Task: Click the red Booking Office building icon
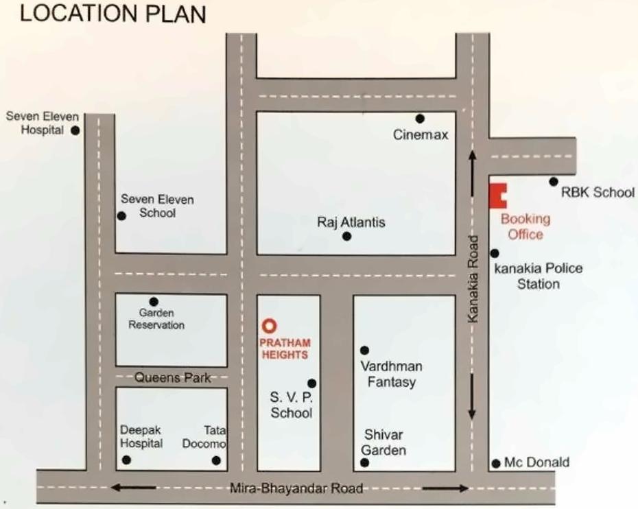[x=497, y=196]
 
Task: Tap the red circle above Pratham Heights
[x=270, y=325]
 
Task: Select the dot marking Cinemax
[x=420, y=119]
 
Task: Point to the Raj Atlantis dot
[x=347, y=237]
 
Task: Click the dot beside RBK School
[x=553, y=182]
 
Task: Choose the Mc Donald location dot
[x=495, y=464]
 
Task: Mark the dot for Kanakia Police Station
[x=495, y=253]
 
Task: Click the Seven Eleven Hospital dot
[x=75, y=130]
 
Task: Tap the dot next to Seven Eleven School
[x=121, y=216]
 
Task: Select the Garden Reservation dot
[x=154, y=301]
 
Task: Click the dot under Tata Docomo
[x=216, y=460]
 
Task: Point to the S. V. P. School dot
[x=312, y=383]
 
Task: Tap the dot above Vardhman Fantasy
[x=364, y=351]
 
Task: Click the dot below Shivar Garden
[x=364, y=463]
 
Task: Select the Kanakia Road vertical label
[x=471, y=279]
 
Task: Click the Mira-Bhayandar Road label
[x=296, y=489]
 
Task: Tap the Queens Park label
[x=172, y=377]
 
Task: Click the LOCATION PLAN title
[x=113, y=15]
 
